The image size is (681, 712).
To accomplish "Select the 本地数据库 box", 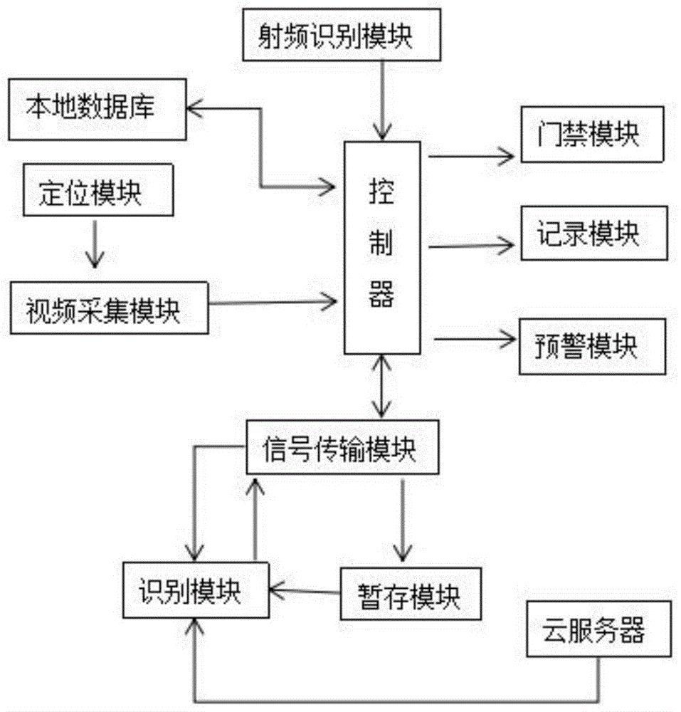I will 97,110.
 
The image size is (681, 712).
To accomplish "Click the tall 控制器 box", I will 381,247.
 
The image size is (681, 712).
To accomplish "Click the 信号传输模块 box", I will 339,451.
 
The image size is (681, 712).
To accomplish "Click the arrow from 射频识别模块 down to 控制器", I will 383,99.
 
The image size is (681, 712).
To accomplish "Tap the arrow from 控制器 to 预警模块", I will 473,340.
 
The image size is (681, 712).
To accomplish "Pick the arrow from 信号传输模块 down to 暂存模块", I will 403,520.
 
